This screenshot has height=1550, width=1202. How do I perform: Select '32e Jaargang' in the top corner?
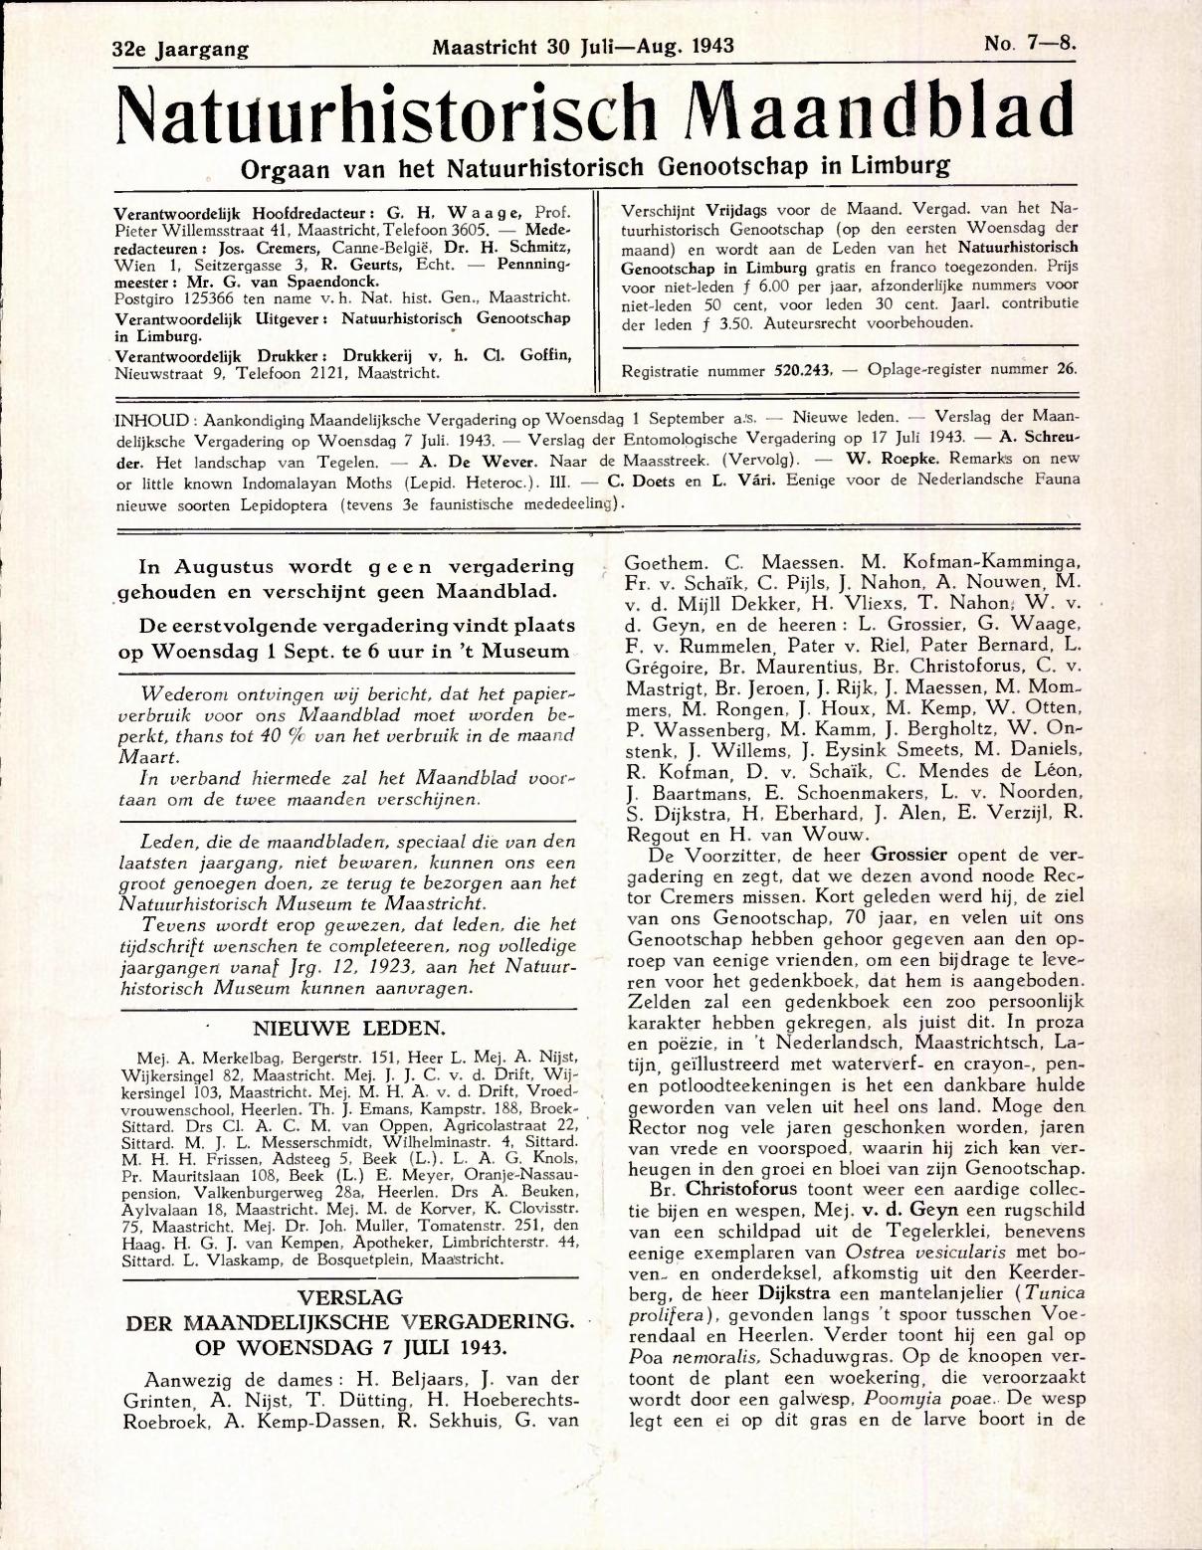tap(180, 48)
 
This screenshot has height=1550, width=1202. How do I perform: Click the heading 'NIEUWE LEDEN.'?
tap(348, 1028)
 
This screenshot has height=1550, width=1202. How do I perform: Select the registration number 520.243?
tap(802, 369)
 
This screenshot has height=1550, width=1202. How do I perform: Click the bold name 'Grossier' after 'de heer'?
tap(909, 855)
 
